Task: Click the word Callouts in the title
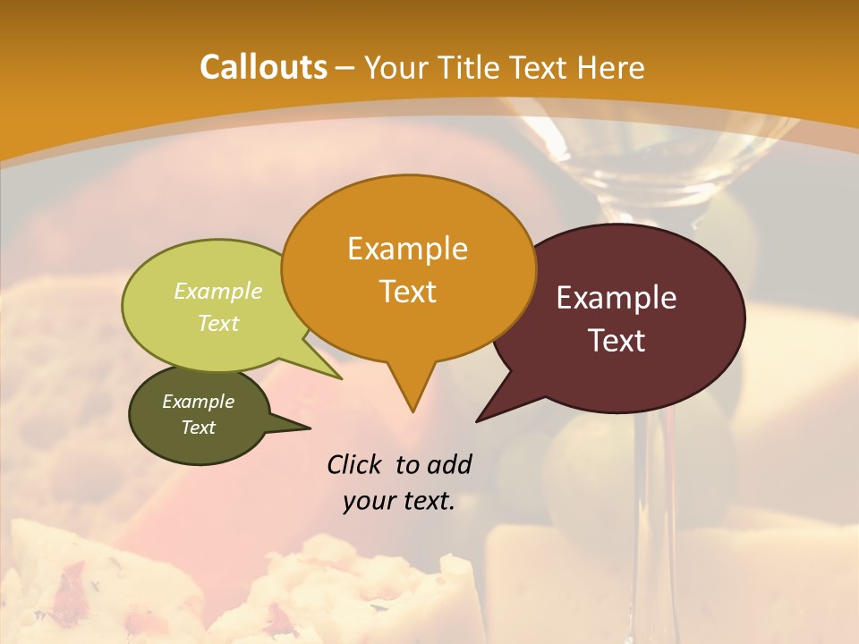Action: point(263,67)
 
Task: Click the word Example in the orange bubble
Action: point(407,249)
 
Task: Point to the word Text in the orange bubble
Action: point(407,292)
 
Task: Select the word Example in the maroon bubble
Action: point(617,298)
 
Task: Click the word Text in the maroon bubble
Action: point(617,341)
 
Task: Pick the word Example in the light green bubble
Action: point(218,292)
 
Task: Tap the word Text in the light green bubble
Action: point(218,323)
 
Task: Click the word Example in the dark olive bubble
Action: point(198,402)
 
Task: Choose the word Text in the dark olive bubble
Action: point(198,428)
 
